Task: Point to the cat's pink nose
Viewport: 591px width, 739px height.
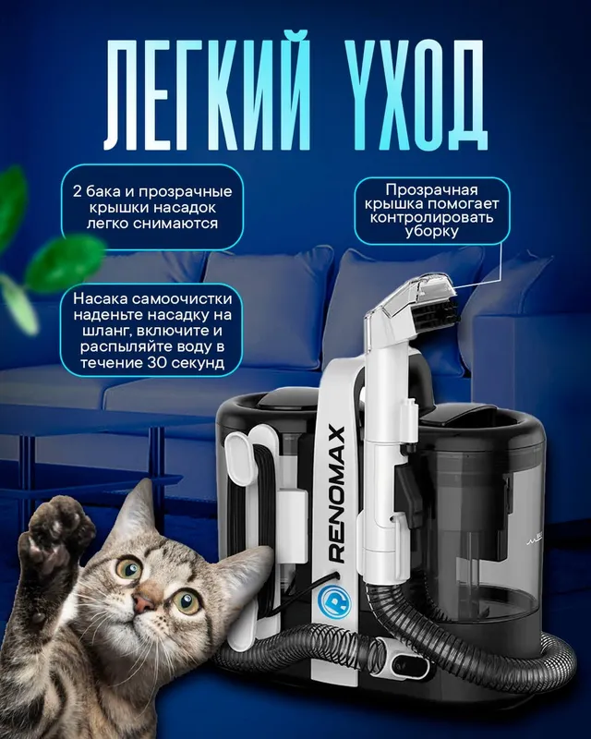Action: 143,601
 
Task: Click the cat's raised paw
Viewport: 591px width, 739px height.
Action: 54,538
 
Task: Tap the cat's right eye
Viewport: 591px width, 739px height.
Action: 186,600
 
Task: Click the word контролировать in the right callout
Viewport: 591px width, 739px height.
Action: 431,218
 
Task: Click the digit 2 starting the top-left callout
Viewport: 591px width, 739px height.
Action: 78,192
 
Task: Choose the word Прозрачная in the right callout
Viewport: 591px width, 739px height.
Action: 431,189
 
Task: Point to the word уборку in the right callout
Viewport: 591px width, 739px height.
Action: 431,233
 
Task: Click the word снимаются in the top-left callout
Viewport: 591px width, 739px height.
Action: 175,224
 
